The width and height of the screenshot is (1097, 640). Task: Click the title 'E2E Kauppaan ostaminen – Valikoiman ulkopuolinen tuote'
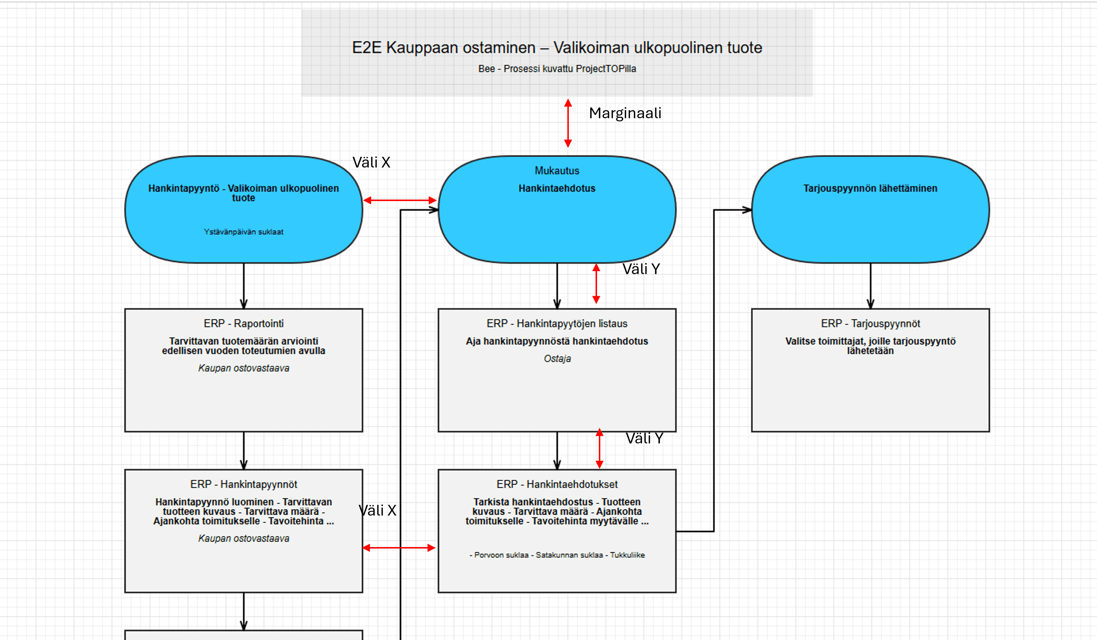557,48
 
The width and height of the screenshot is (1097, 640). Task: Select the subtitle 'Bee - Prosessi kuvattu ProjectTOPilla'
557,69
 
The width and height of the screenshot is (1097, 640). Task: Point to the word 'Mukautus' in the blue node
557,171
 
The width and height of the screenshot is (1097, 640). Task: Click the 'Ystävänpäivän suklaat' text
243,232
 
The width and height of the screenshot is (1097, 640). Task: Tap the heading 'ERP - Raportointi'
243,323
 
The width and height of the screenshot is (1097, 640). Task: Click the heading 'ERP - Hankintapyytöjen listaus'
557,323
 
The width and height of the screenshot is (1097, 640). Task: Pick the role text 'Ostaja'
557,359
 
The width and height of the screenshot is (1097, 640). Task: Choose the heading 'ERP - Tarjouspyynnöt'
870,323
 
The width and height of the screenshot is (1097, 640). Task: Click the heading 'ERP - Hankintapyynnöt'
243,484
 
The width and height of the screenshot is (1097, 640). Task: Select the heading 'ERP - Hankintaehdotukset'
557,484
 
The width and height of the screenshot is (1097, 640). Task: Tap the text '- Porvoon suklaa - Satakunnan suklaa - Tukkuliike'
557,555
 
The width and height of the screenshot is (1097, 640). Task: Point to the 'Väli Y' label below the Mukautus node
641,269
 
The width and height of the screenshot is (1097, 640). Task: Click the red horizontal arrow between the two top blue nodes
400,200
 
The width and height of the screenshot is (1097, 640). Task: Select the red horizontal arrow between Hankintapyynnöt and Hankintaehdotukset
399,548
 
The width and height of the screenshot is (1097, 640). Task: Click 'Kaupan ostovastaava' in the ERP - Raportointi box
243,368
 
